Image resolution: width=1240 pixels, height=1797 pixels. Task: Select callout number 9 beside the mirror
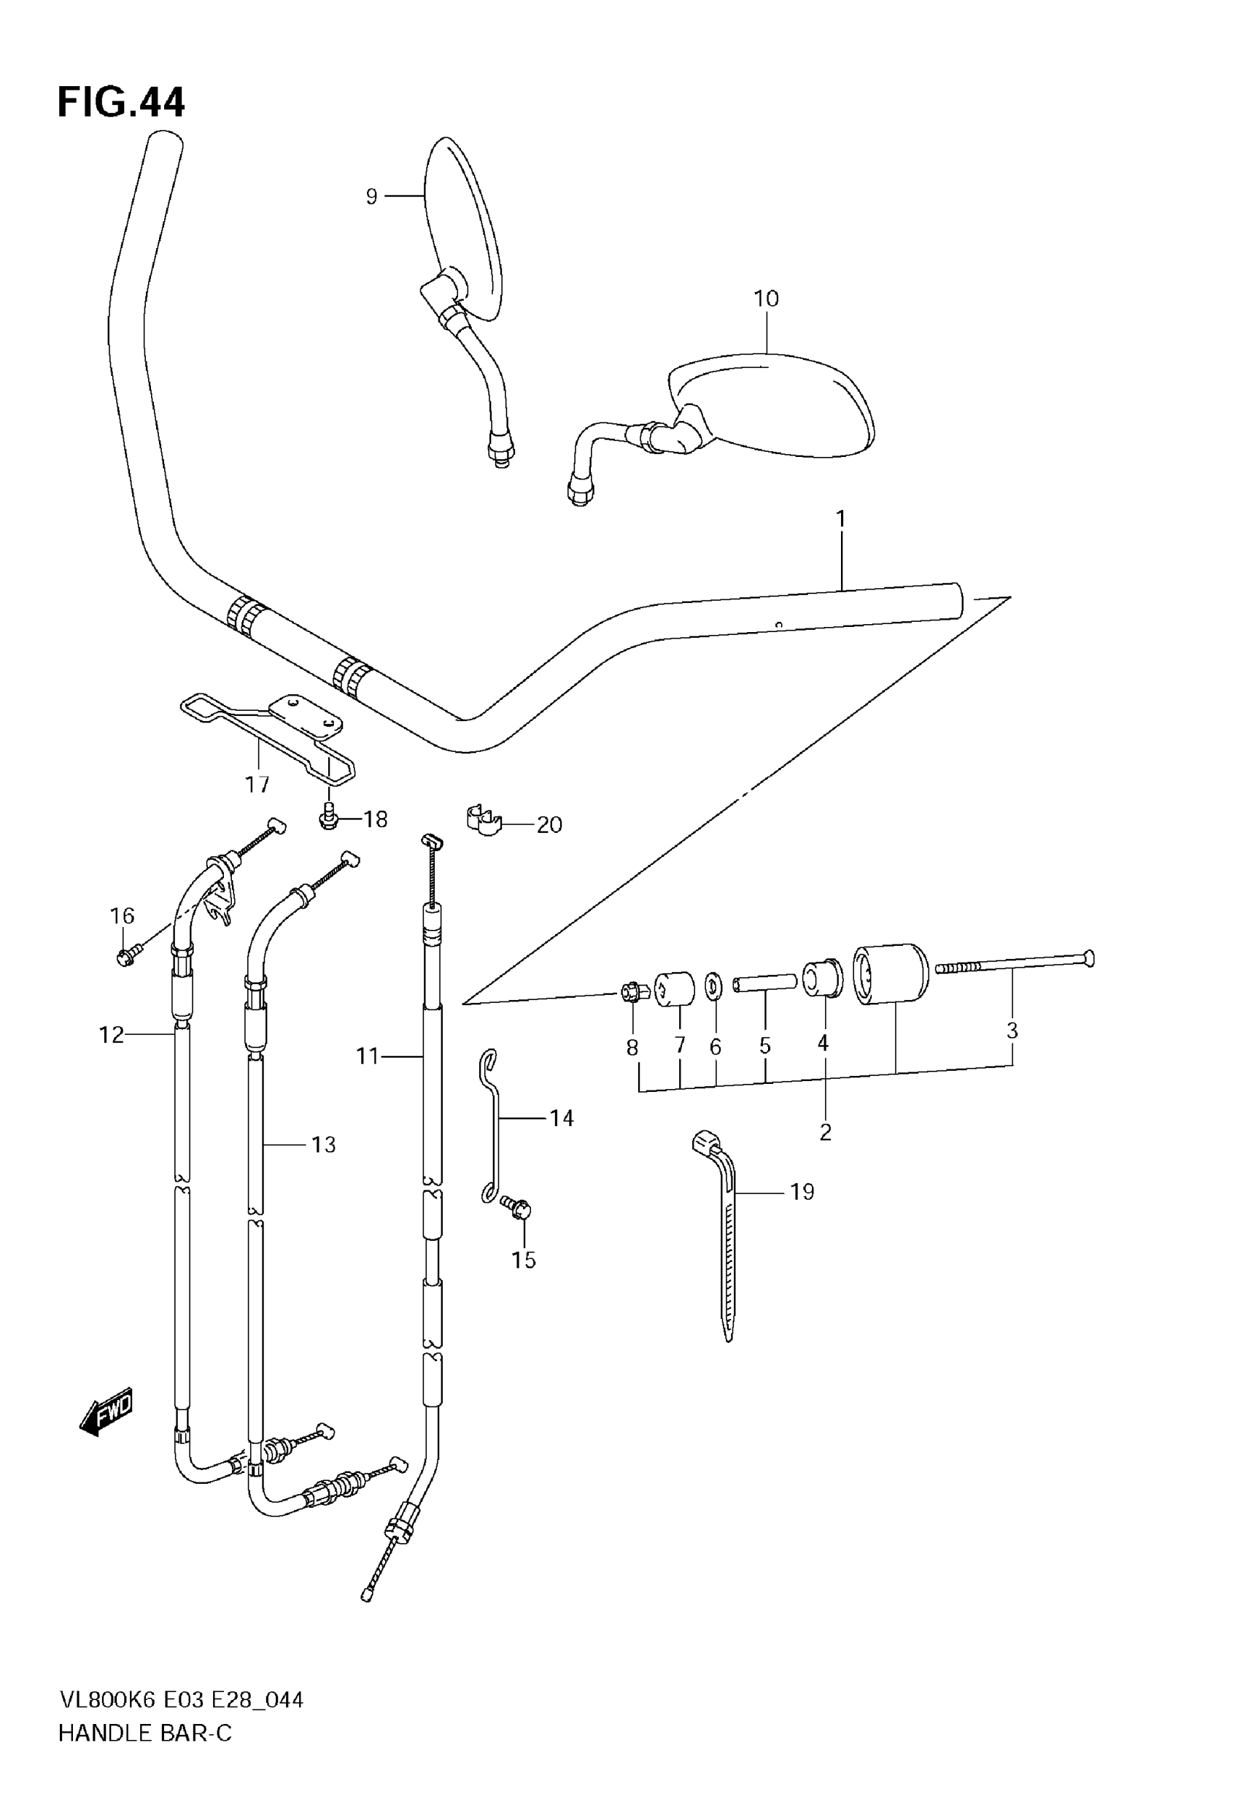click(x=371, y=196)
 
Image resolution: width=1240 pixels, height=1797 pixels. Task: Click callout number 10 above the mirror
click(x=766, y=299)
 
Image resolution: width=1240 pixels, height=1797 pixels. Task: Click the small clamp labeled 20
click(x=484, y=822)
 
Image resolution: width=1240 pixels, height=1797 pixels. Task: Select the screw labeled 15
click(x=517, y=1208)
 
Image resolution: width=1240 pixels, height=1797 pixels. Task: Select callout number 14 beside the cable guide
click(x=562, y=1117)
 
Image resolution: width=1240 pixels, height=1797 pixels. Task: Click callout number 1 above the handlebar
click(x=841, y=518)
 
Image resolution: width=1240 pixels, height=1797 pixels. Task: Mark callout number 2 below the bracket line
click(x=825, y=1133)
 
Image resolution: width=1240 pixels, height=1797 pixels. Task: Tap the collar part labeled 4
click(x=823, y=979)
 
